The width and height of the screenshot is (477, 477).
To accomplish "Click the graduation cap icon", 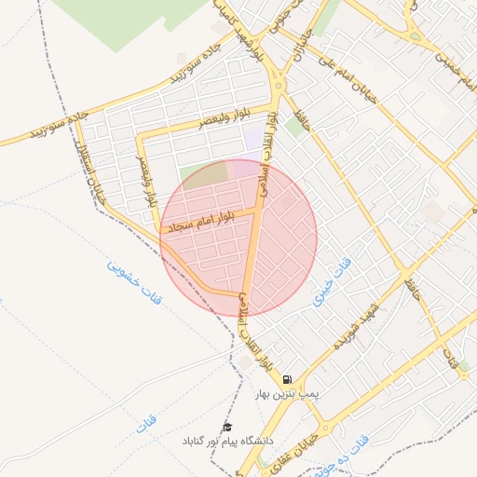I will pos(226,427).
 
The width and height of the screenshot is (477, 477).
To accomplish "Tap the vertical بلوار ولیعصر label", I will pos(145,183).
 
